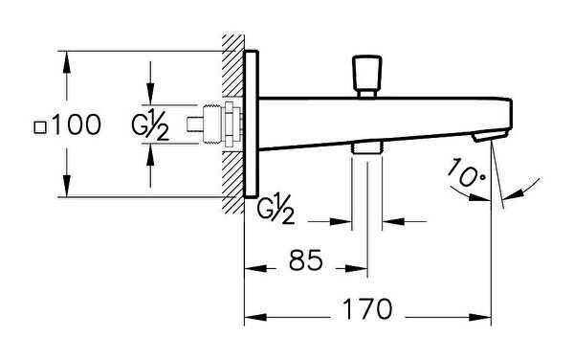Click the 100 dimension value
coord(77,124)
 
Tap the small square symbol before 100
coord(40,127)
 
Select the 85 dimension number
coord(306,260)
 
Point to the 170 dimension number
coord(367,309)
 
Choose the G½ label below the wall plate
coord(276,209)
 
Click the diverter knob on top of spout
coord(366,77)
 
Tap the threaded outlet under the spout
coord(366,148)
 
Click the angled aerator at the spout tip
coord(491,136)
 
